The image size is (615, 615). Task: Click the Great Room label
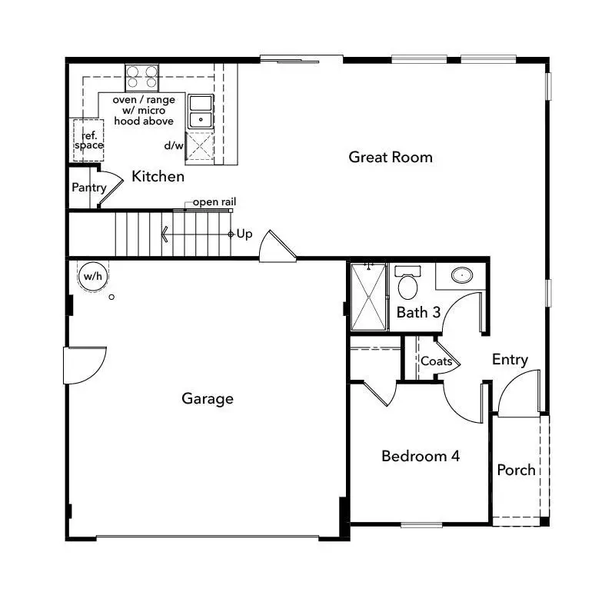(391, 158)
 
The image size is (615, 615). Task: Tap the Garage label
(208, 398)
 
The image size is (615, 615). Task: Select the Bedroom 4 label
(421, 456)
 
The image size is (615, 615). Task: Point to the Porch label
(516, 470)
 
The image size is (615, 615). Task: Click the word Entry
(510, 360)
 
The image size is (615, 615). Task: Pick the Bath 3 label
(418, 313)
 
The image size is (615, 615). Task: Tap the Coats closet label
(436, 361)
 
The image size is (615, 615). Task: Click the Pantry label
(88, 188)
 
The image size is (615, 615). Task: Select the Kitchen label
(158, 177)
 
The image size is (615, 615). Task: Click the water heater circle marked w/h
(92, 276)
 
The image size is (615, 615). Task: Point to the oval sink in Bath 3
(462, 275)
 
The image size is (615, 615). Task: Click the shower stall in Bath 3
(368, 297)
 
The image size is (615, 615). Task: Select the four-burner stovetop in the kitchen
(142, 78)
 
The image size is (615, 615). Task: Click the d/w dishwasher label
(173, 145)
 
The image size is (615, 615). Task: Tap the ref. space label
(89, 140)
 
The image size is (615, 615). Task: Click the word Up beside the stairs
(244, 234)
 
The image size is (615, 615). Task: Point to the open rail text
(214, 202)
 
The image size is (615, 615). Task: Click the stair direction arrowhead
(164, 234)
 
